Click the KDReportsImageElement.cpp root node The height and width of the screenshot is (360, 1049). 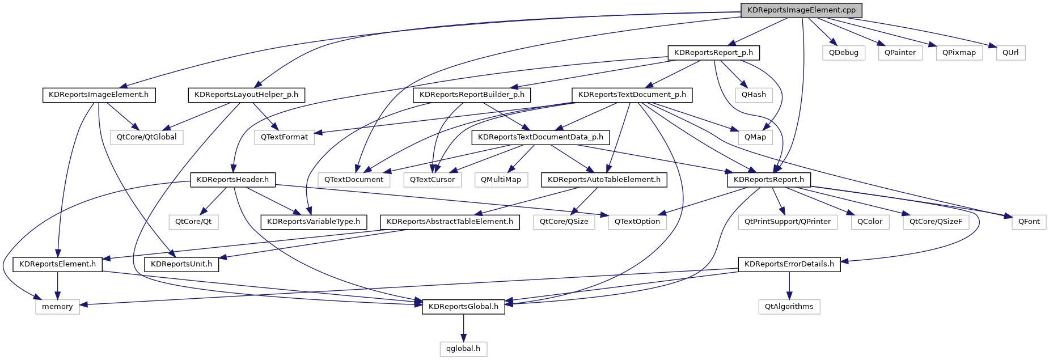pyautogui.click(x=801, y=10)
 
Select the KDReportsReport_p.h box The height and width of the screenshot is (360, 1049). pyautogui.click(x=713, y=53)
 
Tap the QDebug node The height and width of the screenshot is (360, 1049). pyautogui.click(x=843, y=53)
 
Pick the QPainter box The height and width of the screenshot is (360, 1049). pyautogui.click(x=900, y=53)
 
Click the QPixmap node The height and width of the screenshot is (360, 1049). pyautogui.click(x=959, y=53)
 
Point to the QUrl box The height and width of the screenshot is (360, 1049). pyautogui.click(x=1010, y=53)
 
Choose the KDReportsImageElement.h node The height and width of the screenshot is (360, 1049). pyautogui.click(x=99, y=95)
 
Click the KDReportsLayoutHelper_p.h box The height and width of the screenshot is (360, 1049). pyautogui.click(x=246, y=95)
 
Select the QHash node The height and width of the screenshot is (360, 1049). pyautogui.click(x=754, y=95)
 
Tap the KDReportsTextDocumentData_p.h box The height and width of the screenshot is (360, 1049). pyautogui.click(x=540, y=137)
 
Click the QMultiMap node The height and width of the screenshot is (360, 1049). pyautogui.click(x=501, y=180)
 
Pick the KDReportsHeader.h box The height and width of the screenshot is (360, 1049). pyautogui.click(x=232, y=180)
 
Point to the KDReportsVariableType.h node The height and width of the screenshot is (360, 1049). pyautogui.click(x=314, y=222)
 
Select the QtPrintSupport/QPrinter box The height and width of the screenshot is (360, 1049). pyautogui.click(x=788, y=222)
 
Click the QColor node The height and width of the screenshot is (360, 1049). pyautogui.click(x=870, y=222)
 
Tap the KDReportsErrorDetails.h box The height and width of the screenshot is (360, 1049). pyautogui.click(x=789, y=264)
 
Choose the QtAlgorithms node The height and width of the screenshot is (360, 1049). pyautogui.click(x=789, y=307)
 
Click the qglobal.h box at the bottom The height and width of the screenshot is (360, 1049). pyautogui.click(x=463, y=349)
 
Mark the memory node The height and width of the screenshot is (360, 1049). pyautogui.click(x=57, y=307)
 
